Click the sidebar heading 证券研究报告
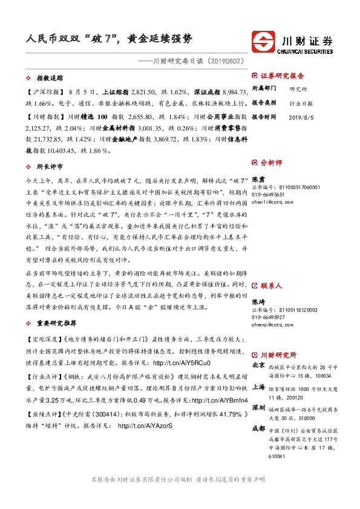coord(282,76)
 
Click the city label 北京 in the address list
coord(258,366)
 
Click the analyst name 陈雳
coord(258,180)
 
